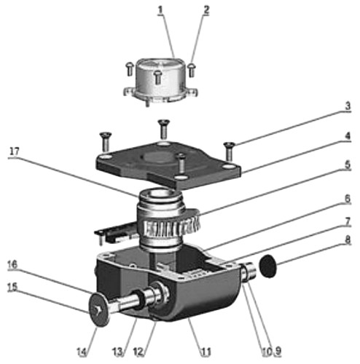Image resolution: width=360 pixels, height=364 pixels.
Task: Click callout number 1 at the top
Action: point(160,10)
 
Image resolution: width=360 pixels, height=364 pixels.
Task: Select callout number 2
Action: point(206,10)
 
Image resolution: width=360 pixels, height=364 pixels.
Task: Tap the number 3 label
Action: point(348,106)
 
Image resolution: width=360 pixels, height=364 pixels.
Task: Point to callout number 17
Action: point(15,152)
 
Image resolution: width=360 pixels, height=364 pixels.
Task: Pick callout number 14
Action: point(82,352)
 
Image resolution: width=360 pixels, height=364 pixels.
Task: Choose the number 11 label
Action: point(206,352)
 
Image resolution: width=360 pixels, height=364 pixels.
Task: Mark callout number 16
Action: point(12,264)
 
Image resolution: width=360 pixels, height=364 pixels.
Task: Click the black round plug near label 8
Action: point(268,266)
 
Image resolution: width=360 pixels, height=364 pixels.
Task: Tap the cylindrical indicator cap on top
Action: point(160,80)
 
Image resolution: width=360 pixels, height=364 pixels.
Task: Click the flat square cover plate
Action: point(168,164)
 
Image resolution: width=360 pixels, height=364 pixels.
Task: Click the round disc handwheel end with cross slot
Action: point(99,310)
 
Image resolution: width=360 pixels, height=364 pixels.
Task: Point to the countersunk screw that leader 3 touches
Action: point(229,151)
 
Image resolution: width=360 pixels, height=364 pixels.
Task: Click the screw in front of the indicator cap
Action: point(158,77)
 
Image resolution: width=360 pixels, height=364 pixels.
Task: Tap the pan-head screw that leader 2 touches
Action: point(192,70)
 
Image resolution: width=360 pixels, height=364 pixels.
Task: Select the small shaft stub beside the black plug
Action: point(249,272)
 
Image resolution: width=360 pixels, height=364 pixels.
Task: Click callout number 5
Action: point(348,165)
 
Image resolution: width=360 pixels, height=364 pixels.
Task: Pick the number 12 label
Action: point(138,352)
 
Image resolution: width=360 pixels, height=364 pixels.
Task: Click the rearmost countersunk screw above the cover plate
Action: point(164,130)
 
